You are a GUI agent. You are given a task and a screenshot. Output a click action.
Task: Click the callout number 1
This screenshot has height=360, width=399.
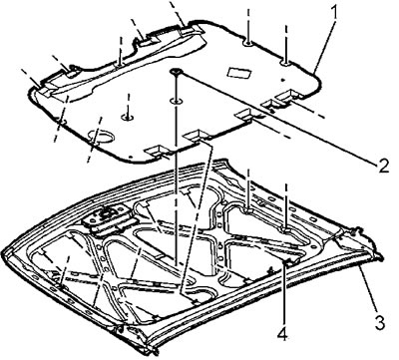coord(334,13)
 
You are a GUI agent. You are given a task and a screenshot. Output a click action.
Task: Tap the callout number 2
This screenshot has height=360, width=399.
coord(382,165)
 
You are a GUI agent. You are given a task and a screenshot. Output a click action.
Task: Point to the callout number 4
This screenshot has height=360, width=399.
coord(283,331)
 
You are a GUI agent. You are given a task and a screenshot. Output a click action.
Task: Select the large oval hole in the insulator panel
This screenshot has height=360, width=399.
coord(101,138)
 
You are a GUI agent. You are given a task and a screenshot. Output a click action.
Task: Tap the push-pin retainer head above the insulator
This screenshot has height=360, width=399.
coord(176,71)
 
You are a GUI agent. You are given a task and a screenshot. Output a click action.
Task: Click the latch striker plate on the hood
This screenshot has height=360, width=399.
coord(106,217)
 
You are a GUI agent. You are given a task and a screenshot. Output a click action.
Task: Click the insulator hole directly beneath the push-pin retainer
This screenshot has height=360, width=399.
coord(176,101)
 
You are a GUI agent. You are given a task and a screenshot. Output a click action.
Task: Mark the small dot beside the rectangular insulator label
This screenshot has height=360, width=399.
coord(281,80)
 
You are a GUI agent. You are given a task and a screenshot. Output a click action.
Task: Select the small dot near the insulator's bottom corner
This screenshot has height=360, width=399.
coord(131,156)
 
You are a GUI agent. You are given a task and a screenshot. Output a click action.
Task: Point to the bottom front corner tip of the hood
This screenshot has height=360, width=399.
coord(155,352)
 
